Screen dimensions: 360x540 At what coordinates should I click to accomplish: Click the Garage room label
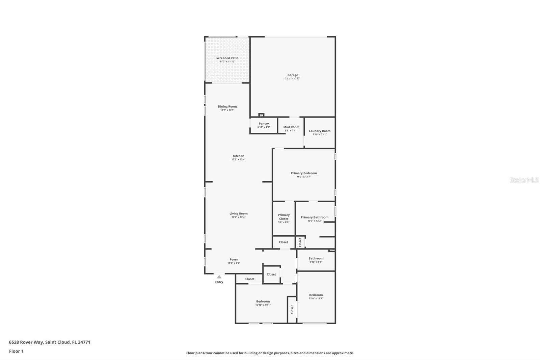click(x=293, y=75)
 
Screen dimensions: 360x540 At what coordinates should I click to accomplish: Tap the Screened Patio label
click(x=227, y=58)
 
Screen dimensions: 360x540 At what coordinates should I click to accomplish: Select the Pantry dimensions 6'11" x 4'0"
click(x=264, y=127)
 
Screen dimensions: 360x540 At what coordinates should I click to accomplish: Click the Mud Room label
click(x=291, y=127)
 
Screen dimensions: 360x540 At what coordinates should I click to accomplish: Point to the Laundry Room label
click(x=320, y=131)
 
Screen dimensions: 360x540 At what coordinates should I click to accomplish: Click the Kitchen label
click(x=238, y=156)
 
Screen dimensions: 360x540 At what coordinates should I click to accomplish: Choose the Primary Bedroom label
click(x=304, y=173)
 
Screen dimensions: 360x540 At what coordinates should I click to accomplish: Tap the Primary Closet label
click(x=283, y=217)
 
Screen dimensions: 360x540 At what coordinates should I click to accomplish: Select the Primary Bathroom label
click(x=314, y=217)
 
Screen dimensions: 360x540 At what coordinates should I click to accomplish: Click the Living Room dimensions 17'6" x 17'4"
click(x=238, y=217)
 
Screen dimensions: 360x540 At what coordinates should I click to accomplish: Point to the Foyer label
click(x=234, y=260)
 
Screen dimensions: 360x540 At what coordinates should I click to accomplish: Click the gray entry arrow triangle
click(x=219, y=277)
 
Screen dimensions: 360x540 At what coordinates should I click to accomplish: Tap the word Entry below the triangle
click(x=219, y=282)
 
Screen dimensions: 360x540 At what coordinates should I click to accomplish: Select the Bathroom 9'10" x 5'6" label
click(x=316, y=260)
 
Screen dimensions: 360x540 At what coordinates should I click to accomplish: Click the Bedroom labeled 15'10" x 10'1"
click(x=263, y=303)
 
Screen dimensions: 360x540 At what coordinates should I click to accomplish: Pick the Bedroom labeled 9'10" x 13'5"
click(x=316, y=297)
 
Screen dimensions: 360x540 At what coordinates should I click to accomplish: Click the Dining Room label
click(x=227, y=107)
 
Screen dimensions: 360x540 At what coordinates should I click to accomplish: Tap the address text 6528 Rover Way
click(x=26, y=342)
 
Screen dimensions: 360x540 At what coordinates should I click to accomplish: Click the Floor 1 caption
click(x=16, y=351)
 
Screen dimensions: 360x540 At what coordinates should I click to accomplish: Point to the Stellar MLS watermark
click(x=524, y=180)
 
